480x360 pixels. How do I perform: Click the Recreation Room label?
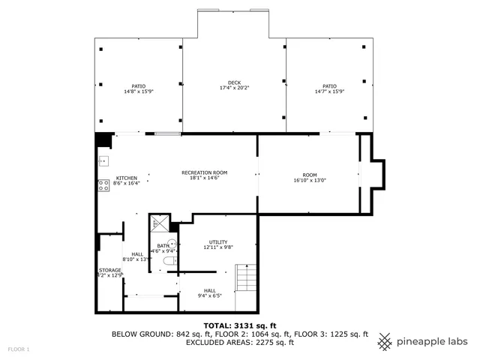click(x=204, y=172)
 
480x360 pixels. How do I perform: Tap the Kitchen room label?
click(x=126, y=178)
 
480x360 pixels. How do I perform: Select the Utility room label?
click(x=218, y=241)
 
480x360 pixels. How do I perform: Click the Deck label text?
click(x=234, y=82)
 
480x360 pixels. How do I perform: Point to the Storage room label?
click(x=109, y=270)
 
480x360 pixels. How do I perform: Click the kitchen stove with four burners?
click(x=103, y=184)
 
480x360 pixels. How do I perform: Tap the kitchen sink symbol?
click(x=103, y=160)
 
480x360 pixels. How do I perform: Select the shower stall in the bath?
click(x=158, y=223)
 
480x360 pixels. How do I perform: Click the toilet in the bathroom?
click(x=169, y=260)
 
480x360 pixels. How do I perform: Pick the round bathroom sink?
click(x=172, y=243)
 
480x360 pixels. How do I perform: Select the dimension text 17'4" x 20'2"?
click(x=234, y=88)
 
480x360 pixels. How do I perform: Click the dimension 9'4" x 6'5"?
click(x=209, y=295)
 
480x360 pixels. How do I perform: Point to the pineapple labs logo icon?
click(x=384, y=341)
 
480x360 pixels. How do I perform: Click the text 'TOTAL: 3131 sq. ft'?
click(x=239, y=325)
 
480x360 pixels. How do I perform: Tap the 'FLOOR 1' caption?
click(x=19, y=349)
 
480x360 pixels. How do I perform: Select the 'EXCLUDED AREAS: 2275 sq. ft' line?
click(x=239, y=343)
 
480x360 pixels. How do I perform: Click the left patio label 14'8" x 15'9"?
click(x=138, y=91)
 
